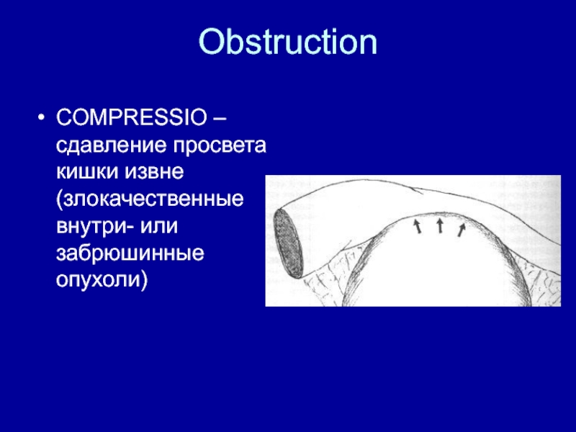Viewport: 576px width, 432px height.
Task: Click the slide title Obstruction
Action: [x=287, y=42]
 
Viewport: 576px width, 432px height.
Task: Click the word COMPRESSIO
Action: [x=132, y=117]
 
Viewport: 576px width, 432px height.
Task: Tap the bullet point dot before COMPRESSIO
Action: [x=41, y=118]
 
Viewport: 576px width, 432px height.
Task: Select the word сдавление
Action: [x=112, y=145]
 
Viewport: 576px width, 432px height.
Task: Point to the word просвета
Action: [x=220, y=146]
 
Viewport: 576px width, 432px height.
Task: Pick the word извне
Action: [x=154, y=172]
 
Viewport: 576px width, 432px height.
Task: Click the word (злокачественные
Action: [x=150, y=199]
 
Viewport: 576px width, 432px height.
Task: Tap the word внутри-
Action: [x=95, y=226]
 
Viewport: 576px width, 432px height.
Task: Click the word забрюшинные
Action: [x=130, y=253]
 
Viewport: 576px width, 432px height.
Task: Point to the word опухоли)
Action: [x=102, y=280]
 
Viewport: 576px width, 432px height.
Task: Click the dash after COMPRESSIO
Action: [x=219, y=119]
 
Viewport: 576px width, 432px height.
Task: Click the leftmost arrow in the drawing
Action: [x=418, y=226]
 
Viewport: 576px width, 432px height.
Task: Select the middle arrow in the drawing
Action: [x=440, y=225]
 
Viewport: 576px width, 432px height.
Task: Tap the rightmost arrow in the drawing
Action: [x=462, y=230]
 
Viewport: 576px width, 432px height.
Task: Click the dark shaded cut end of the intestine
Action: [x=288, y=243]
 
